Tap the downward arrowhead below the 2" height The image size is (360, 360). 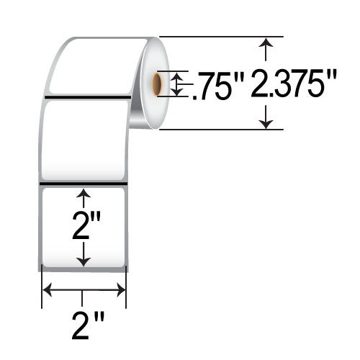point(84,261)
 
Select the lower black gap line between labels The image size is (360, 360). point(83,185)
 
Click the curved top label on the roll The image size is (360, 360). point(94,65)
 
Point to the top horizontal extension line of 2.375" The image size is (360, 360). point(216,36)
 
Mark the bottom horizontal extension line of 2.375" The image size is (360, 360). point(216,130)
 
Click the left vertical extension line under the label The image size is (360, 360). point(41,288)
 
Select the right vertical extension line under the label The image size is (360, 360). point(127,288)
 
